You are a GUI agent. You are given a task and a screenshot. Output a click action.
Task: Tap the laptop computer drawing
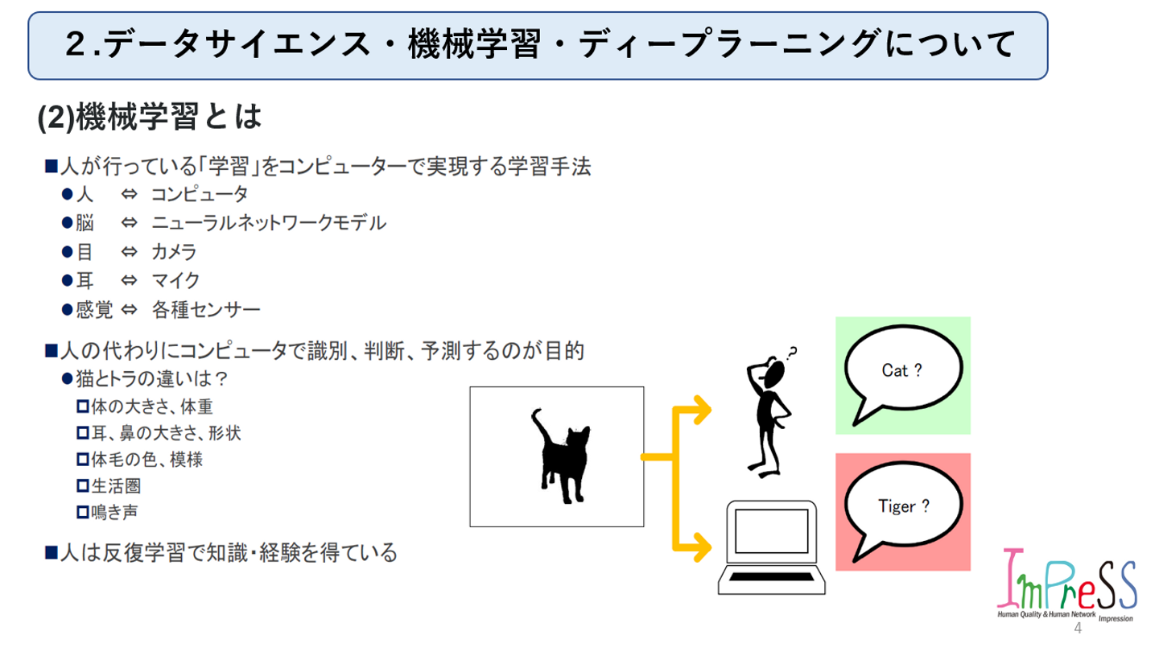[x=771, y=547]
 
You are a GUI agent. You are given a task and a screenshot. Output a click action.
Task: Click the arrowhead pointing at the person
[x=703, y=410]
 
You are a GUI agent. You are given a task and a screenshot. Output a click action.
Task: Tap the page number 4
[x=1078, y=628]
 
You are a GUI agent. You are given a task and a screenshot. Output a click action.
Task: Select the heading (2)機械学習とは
[x=151, y=118]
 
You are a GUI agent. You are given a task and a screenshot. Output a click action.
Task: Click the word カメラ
[x=174, y=252]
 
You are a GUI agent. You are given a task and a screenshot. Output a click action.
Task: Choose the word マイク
[x=175, y=280]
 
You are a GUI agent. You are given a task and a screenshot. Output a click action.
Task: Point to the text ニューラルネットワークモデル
[x=269, y=223]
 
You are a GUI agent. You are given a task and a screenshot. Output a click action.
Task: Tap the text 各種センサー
[x=205, y=309]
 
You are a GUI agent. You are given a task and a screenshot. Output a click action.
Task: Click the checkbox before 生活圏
[x=82, y=485]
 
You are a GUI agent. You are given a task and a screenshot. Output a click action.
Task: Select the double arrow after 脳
[x=129, y=223]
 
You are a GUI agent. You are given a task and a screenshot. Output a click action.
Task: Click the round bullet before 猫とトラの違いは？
[x=68, y=378]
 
